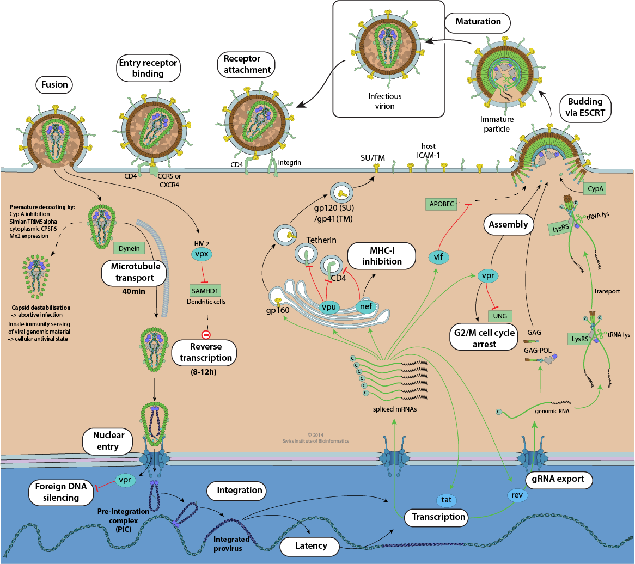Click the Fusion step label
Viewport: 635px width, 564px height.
coord(54,85)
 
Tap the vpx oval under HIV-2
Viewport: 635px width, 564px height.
coord(202,254)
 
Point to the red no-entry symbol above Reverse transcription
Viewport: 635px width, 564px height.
coord(206,335)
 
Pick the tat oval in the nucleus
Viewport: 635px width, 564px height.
coord(446,499)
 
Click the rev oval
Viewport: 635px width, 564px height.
coord(516,495)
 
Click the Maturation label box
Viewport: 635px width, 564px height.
coord(478,22)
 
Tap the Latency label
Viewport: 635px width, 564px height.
coord(310,546)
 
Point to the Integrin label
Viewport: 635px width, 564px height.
coord(290,162)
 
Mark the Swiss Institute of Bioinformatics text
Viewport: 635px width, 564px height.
coord(316,441)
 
